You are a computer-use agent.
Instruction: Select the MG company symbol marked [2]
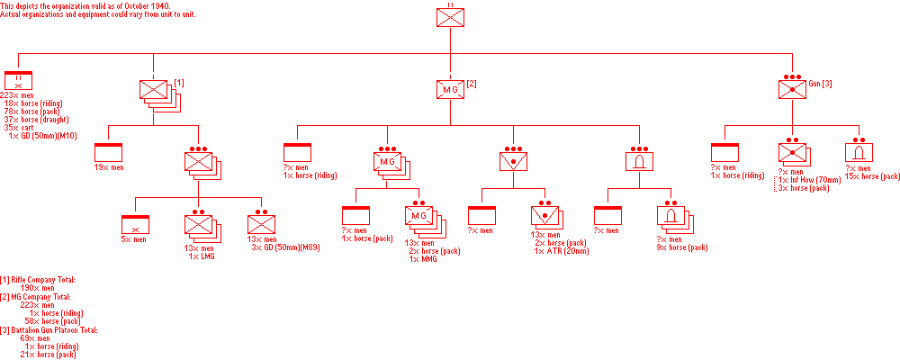450,88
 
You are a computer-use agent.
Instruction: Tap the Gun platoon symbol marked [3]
792,88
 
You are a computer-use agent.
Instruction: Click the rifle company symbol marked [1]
155,89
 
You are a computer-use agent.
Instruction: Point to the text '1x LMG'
202,256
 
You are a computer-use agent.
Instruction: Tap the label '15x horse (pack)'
873,175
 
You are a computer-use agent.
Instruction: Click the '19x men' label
110,167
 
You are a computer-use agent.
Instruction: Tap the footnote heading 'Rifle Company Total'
43,281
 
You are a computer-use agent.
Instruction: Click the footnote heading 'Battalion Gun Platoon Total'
52,330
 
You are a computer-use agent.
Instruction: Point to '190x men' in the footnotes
38,288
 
